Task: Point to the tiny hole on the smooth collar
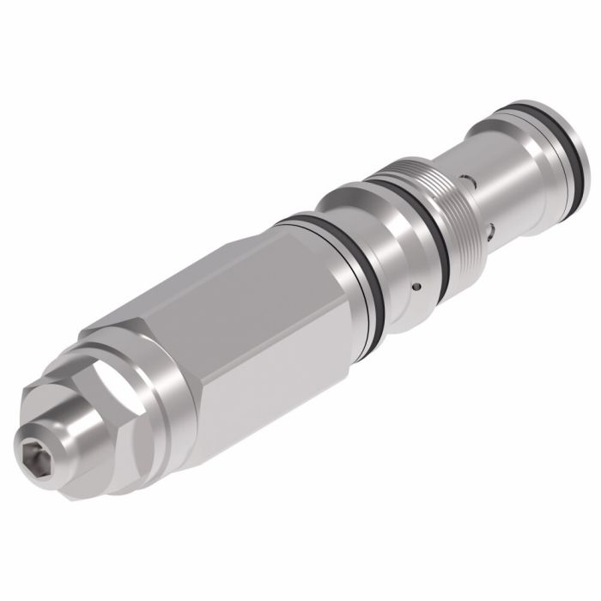click(416, 285)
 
